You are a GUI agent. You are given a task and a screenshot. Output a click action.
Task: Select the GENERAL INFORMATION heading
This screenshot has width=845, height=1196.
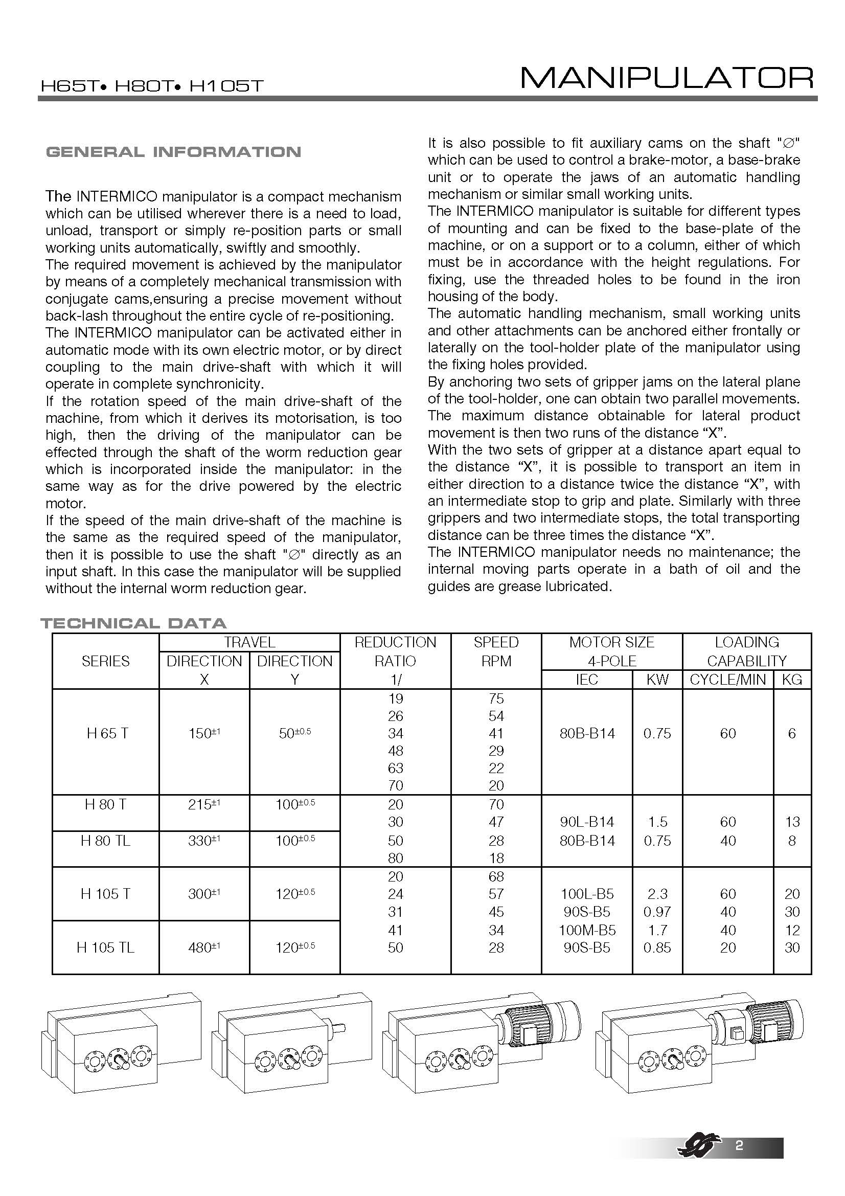173,152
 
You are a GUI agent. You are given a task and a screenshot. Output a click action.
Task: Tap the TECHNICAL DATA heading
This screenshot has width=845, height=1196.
133,623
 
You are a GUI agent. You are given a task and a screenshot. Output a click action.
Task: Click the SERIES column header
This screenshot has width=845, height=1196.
105,661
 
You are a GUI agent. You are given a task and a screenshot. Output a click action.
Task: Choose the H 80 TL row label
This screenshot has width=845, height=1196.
105,841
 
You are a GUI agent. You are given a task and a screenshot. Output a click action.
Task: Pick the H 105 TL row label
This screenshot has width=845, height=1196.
105,947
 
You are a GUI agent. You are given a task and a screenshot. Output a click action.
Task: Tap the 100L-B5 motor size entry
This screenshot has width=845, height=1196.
587,894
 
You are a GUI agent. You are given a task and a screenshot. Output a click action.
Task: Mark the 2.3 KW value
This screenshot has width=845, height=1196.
657,894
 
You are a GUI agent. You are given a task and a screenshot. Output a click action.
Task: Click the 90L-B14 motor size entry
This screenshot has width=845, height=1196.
587,822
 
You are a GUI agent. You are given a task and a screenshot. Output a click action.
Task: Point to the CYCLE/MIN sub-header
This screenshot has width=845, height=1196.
728,679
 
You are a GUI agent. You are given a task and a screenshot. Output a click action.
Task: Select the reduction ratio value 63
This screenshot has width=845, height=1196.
395,769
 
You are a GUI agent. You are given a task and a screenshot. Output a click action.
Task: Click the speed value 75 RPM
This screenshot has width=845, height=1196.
496,698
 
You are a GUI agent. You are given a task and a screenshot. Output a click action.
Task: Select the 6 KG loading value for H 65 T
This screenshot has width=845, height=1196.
792,733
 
